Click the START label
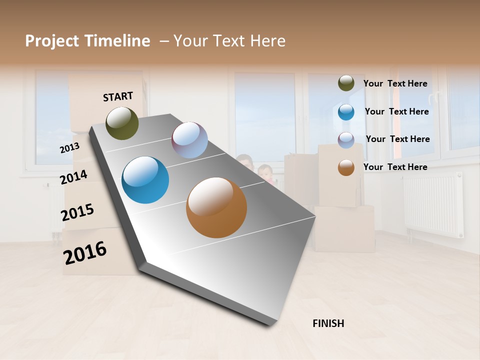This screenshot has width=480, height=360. (118, 96)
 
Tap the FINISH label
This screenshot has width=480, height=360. (328, 323)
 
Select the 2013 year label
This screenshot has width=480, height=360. (69, 148)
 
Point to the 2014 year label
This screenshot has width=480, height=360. (73, 177)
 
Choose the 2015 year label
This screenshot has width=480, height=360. (77, 212)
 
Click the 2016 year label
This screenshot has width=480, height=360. (85, 252)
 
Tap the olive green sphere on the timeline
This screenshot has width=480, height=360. (122, 123)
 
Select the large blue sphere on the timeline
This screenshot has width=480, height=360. (145, 180)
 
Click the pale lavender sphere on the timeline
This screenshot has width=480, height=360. (189, 140)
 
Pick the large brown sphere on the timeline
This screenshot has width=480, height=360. (216, 207)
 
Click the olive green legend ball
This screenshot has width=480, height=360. (346, 83)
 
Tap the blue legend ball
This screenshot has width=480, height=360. (346, 112)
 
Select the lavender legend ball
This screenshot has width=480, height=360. (346, 140)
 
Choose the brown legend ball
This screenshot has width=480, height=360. (346, 167)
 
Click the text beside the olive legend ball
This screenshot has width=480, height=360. (395, 83)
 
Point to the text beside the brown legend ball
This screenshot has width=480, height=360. (395, 167)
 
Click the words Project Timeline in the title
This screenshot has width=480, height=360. (87, 41)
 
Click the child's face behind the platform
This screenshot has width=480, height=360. (265, 172)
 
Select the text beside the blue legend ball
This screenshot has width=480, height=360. (396, 111)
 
